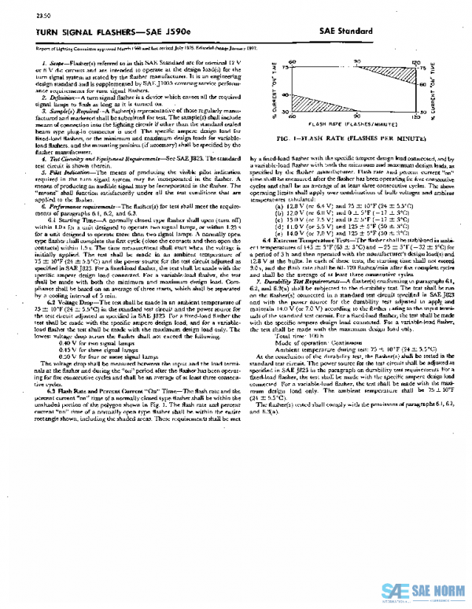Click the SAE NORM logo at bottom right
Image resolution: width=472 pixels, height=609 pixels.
pyautogui.click(x=425, y=590)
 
